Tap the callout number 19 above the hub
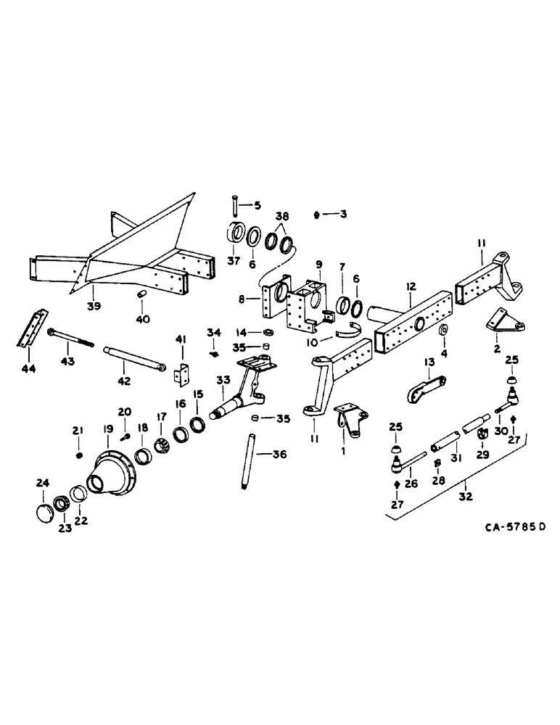(107, 429)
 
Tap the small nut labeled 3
(318, 215)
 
